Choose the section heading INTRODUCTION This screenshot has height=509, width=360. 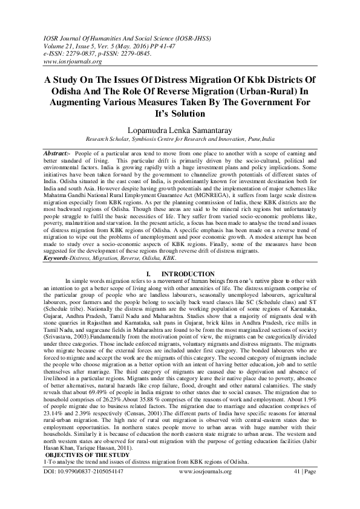(189, 274)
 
